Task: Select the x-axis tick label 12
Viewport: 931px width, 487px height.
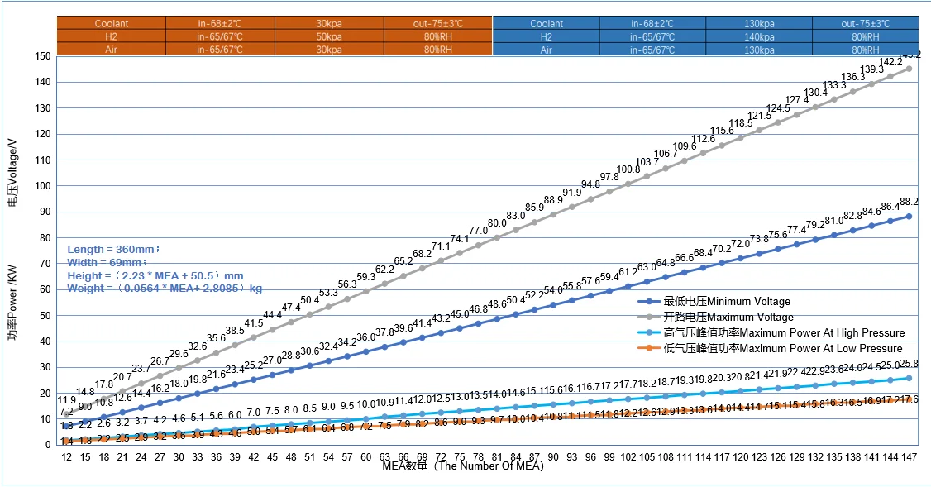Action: point(67,456)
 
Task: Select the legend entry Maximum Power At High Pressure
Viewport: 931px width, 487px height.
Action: point(784,333)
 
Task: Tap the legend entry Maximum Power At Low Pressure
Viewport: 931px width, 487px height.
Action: point(783,349)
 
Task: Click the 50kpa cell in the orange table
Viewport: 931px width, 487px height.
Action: point(329,37)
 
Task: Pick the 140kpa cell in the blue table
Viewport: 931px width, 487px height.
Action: point(759,37)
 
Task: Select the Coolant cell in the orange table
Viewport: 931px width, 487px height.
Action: point(112,24)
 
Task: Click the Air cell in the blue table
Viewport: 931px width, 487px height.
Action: point(546,50)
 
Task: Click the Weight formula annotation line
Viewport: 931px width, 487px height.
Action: point(165,289)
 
